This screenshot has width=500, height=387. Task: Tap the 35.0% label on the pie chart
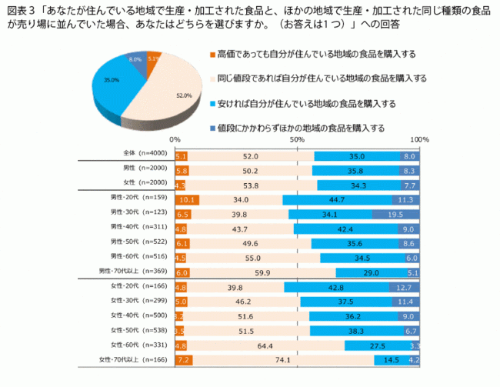click(112, 80)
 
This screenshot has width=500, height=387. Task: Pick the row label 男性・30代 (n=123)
click(138, 213)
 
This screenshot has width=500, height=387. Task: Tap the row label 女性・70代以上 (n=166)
click(132, 359)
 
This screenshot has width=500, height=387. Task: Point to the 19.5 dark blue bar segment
click(395, 214)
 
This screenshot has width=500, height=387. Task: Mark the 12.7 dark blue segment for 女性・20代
click(404, 286)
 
